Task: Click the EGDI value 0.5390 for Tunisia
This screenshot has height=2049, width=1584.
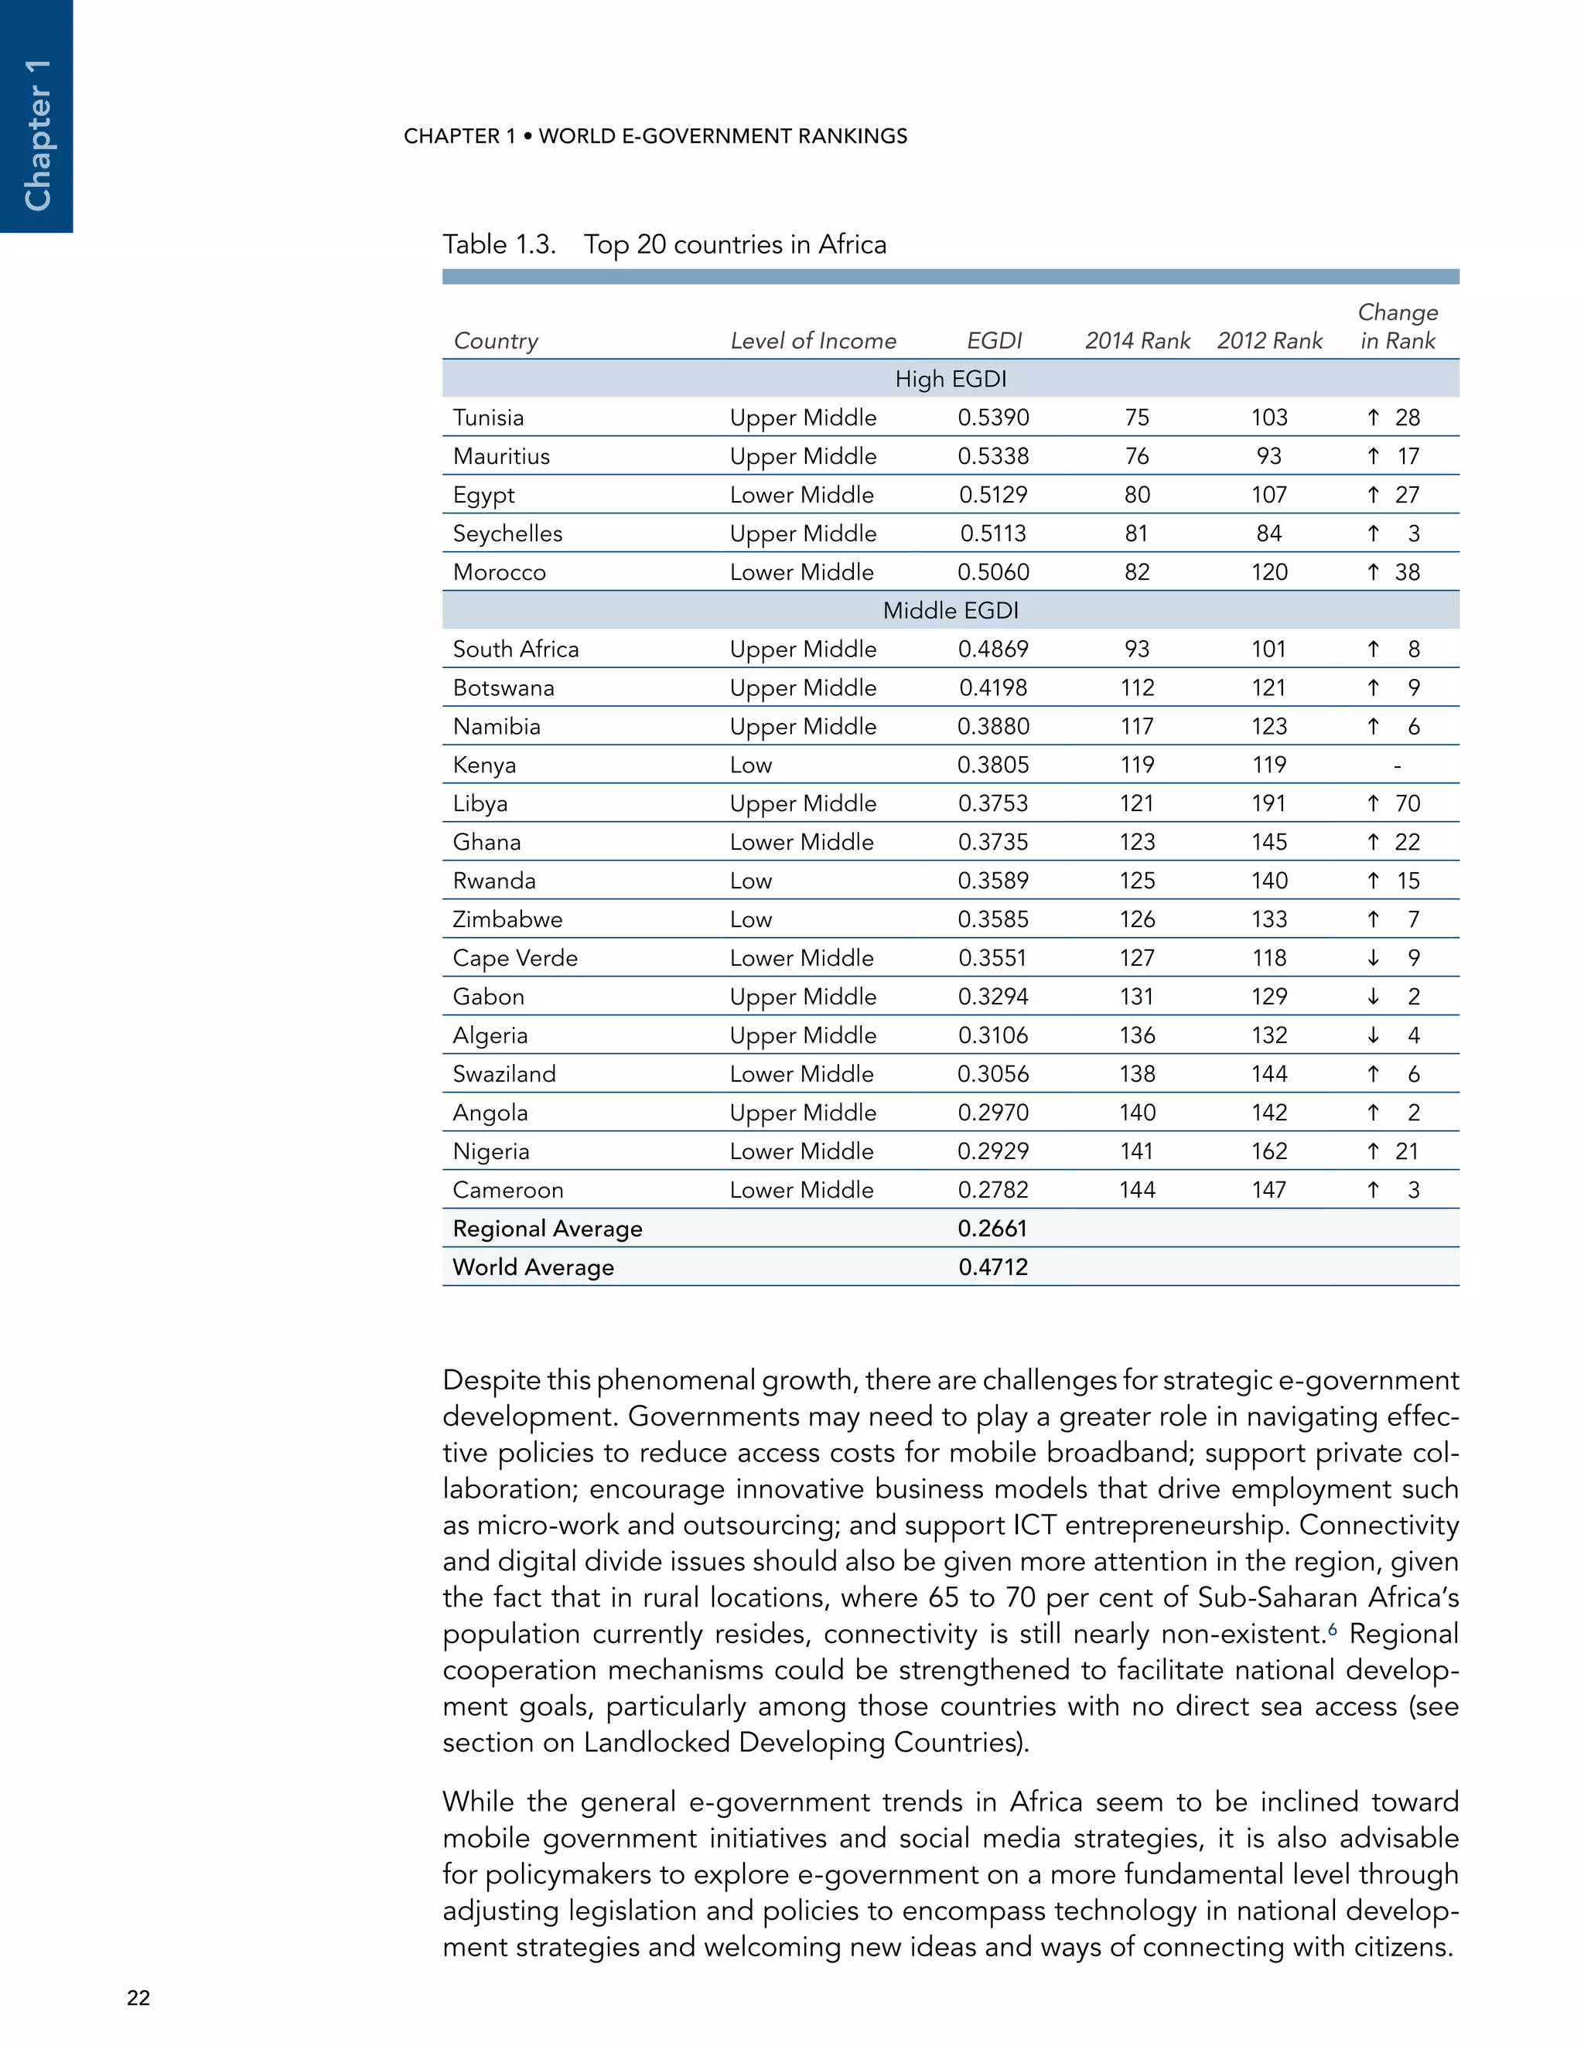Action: (x=993, y=418)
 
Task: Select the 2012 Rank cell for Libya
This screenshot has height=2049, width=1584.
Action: (x=1268, y=804)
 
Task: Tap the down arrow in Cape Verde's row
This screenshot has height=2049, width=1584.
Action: (x=1373, y=958)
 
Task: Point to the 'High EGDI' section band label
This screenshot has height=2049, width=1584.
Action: (x=950, y=379)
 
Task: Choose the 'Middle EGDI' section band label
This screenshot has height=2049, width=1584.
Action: (x=950, y=611)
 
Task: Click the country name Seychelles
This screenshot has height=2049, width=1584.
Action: (x=507, y=534)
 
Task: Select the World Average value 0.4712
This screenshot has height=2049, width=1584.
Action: (x=993, y=1267)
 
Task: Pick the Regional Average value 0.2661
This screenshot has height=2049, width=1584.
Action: (x=993, y=1229)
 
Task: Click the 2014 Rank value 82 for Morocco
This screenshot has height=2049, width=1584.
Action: (x=1136, y=572)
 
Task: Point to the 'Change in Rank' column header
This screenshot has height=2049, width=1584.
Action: (x=1398, y=326)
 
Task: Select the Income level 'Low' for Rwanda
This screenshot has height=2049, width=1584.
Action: (x=751, y=881)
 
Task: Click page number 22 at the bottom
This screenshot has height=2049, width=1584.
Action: (x=138, y=1997)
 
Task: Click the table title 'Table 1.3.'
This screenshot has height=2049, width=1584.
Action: (x=499, y=245)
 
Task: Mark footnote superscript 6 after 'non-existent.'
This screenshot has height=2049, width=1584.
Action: (x=1333, y=1628)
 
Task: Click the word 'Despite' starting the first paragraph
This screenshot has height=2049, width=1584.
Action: (x=493, y=1380)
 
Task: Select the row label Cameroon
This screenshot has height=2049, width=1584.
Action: (x=507, y=1191)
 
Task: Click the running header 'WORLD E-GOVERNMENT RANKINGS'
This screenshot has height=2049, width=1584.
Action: (x=722, y=136)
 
